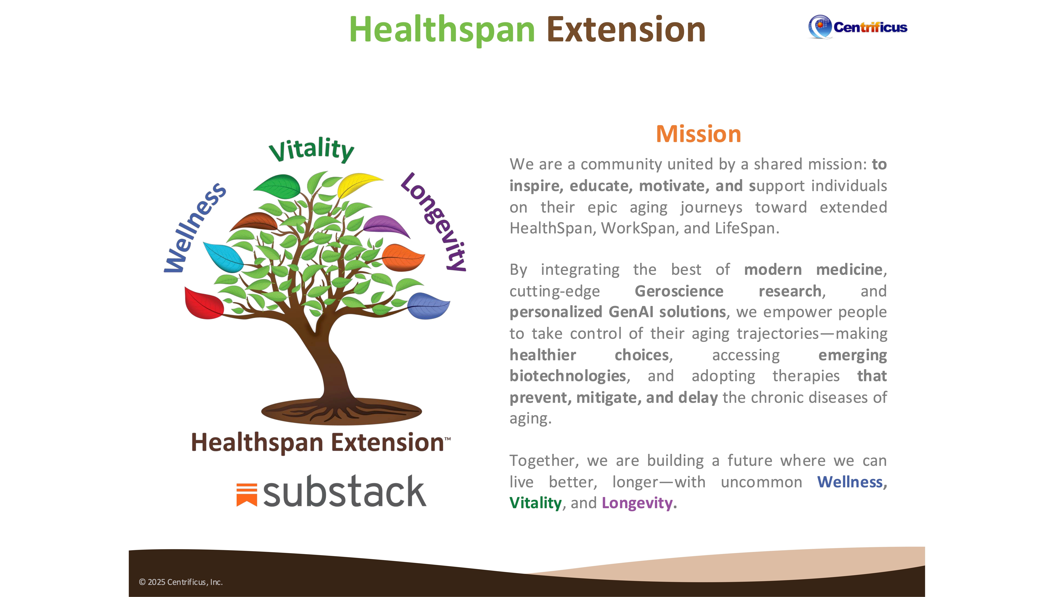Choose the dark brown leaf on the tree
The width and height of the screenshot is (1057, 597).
(x=254, y=222)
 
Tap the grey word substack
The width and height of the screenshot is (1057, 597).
(x=345, y=491)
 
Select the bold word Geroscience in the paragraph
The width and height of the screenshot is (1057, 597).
(x=679, y=291)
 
